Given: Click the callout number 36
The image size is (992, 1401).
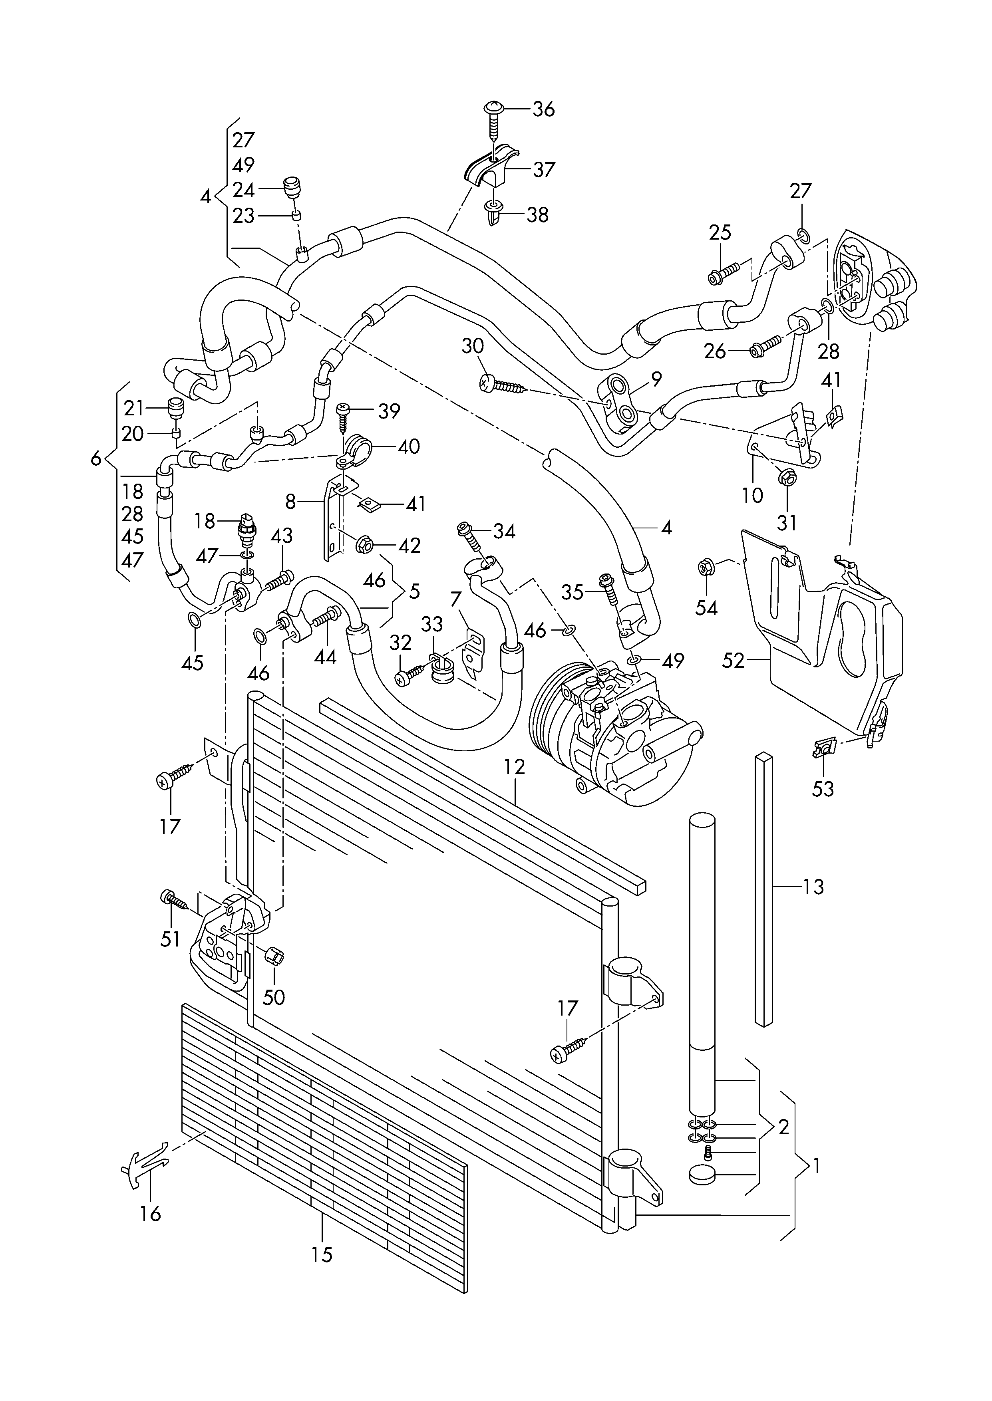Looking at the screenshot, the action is tap(544, 110).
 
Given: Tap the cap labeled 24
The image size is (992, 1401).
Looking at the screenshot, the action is tap(294, 186).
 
